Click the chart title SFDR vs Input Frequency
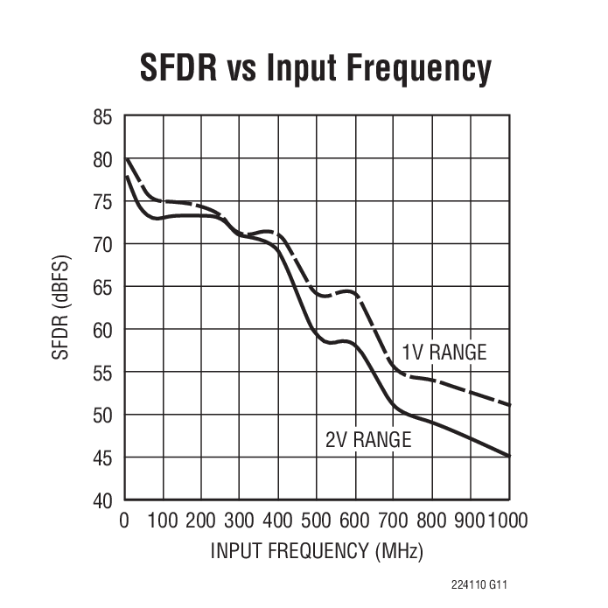point(316,67)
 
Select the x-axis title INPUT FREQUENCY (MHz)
point(317,552)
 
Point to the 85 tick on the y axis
point(103,116)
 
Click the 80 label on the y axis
point(103,159)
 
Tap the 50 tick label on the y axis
point(103,415)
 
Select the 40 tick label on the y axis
point(103,500)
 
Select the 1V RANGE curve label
point(444,353)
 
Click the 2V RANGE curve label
point(367,440)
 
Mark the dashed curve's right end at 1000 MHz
point(508,405)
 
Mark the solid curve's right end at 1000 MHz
point(508,456)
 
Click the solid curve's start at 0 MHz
point(125,177)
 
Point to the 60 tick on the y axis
point(103,330)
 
